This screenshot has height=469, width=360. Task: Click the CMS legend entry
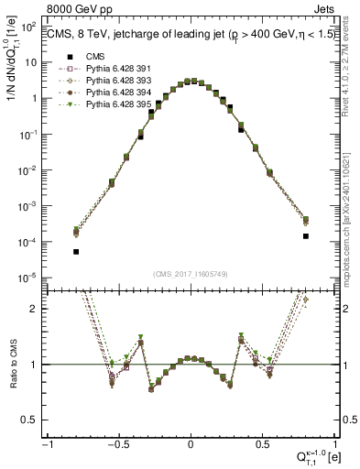[95, 57]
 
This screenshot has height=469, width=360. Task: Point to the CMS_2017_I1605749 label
[191, 274]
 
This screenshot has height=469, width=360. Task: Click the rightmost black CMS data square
[305, 236]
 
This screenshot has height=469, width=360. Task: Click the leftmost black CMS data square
[76, 251]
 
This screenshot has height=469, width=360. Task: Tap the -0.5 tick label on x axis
[117, 444]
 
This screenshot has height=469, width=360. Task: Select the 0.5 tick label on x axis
[263, 444]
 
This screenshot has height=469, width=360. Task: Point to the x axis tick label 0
[191, 444]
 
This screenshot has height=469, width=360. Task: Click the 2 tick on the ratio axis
[37, 309]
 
